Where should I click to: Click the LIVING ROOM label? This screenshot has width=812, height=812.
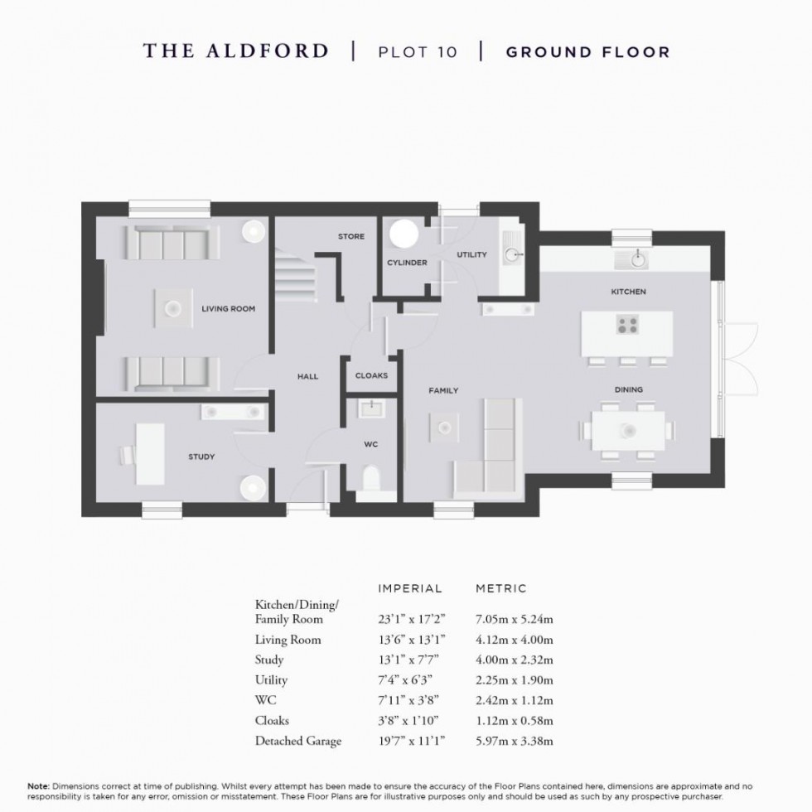point(228,309)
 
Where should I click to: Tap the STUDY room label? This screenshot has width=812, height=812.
point(201,457)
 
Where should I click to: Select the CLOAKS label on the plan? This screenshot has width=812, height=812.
point(371,375)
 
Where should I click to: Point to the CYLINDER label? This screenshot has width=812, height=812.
point(407,263)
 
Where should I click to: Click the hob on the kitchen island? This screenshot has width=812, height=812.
point(627,325)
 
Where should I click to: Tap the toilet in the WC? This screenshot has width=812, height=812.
point(370,479)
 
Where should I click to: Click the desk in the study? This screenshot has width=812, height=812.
point(150,454)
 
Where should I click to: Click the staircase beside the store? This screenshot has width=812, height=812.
point(292,278)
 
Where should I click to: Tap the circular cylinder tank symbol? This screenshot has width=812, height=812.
point(405,234)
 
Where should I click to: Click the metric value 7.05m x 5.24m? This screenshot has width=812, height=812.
point(515,619)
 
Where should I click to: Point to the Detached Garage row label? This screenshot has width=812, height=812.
point(297,741)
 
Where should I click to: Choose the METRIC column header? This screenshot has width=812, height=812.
point(500,588)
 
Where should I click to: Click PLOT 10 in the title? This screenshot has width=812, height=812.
point(417,51)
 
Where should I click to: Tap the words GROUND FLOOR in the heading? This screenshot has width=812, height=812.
point(587,51)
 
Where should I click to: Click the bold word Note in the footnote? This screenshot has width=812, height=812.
point(38,785)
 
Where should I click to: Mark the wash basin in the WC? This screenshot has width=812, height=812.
point(370,408)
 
